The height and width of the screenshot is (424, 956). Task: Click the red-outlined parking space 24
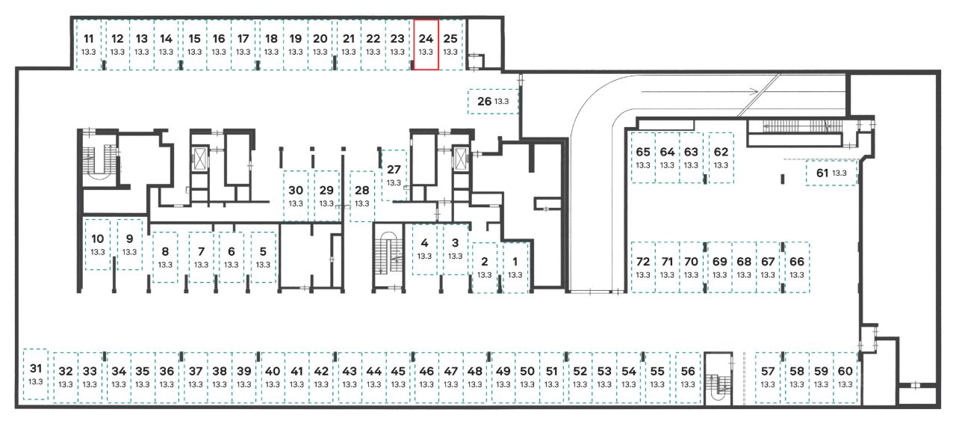tap(426, 44)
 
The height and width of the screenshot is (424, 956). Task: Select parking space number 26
tap(493, 101)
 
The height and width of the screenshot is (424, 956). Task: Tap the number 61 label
tap(822, 173)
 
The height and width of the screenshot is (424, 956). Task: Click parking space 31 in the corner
tap(35, 375)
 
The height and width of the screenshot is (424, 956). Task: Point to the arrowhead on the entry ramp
tap(754, 91)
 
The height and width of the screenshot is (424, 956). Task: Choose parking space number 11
tap(88, 44)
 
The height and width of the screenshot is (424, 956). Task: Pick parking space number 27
tap(394, 175)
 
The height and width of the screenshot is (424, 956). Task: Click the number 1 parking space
tap(515, 268)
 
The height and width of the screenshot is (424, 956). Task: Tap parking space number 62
tap(721, 158)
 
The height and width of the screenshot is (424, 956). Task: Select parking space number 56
tap(688, 378)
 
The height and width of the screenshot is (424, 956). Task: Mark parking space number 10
tap(98, 244)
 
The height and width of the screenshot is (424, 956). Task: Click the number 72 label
tap(643, 261)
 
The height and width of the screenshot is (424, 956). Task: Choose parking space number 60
tap(845, 378)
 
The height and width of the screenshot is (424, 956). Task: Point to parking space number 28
tap(362, 196)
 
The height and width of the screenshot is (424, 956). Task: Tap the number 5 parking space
tap(264, 257)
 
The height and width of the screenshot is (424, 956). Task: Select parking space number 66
tap(797, 268)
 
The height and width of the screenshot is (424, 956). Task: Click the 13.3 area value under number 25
tap(450, 52)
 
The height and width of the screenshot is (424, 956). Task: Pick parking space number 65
tap(643, 158)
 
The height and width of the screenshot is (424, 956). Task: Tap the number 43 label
tap(350, 372)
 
